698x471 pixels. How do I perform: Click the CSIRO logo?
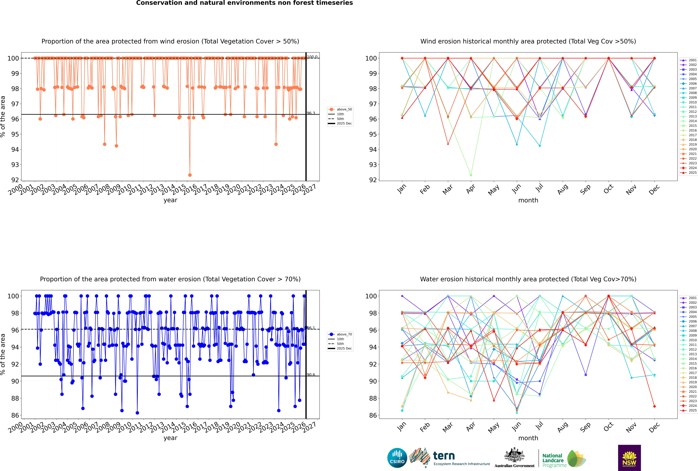(x=397, y=458)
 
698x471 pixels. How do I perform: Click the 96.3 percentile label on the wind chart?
(x=311, y=113)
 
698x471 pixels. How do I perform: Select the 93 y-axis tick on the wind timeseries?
(x=15, y=165)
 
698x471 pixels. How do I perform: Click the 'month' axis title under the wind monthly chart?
(x=528, y=200)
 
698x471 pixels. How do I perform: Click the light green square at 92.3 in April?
(x=471, y=175)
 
